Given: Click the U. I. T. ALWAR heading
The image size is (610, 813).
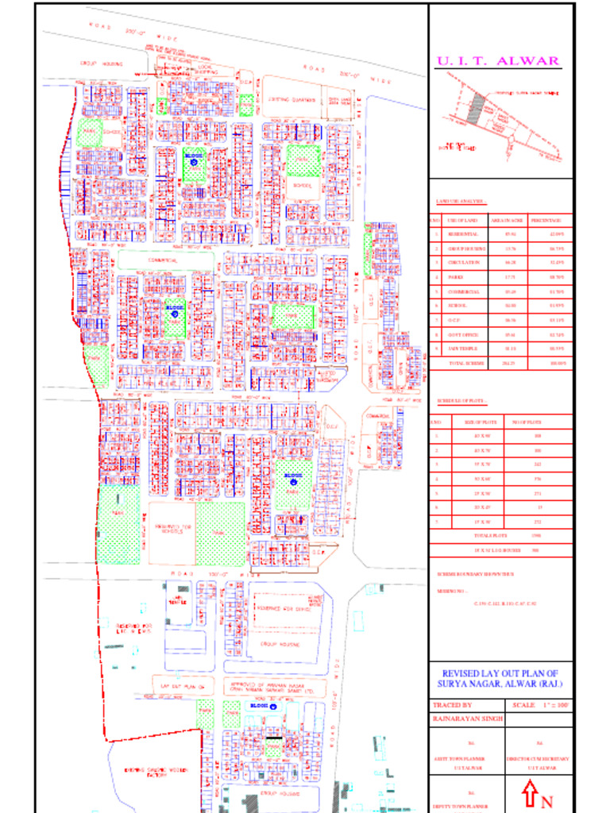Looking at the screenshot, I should pos(498,61).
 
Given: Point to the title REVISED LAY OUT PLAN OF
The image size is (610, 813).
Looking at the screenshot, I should pos(500,672).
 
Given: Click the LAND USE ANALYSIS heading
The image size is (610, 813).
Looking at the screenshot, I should pos(461,202).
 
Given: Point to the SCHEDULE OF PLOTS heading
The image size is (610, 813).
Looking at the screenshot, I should pos(461,403).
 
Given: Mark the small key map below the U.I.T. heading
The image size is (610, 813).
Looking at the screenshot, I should pos(499,117).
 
